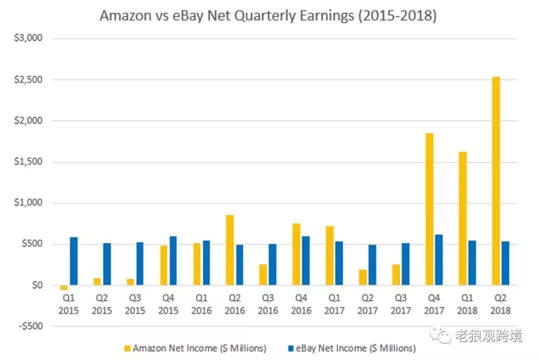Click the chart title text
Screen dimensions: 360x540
point(268,15)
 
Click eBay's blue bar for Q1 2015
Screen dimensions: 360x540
point(73,261)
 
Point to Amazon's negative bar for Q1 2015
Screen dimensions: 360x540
point(64,287)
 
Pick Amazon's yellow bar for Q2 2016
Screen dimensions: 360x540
point(230,250)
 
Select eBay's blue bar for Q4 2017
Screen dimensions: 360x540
point(439,260)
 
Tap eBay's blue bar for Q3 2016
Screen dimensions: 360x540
point(272,264)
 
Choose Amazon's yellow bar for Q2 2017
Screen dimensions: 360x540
point(362,277)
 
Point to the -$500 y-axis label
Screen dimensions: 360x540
point(30,326)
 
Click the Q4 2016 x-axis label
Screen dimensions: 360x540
point(301,304)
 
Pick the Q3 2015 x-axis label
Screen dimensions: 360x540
point(135,304)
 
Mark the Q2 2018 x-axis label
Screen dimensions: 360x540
point(500,304)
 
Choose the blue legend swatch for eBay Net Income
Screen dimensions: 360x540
point(291,347)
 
